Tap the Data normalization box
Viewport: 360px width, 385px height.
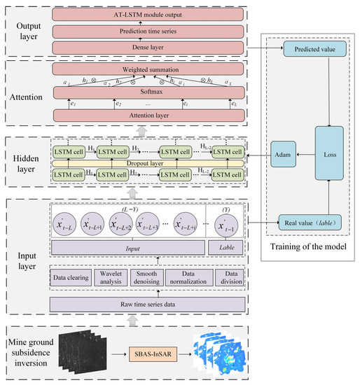coord(184,279)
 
